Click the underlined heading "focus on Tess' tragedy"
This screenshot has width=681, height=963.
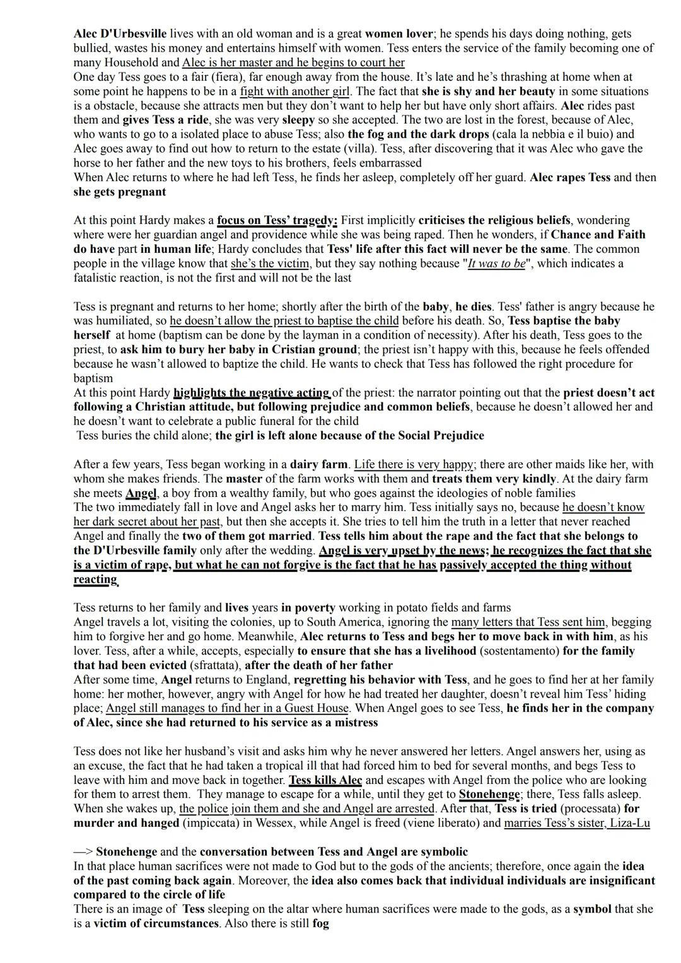click(277, 221)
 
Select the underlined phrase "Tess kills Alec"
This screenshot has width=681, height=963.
click(325, 780)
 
